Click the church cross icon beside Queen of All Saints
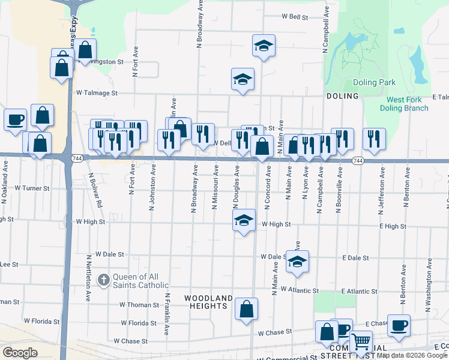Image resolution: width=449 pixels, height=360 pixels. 104,280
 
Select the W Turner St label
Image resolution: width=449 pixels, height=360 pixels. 32,188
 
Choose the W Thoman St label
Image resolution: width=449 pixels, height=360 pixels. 139,305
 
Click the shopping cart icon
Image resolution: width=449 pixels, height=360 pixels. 361,342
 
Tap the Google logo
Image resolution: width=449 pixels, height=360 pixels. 20,353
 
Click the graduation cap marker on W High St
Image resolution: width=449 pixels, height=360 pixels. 244,221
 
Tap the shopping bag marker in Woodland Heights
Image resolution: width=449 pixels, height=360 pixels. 246,310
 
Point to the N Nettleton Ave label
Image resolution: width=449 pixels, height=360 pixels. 88,278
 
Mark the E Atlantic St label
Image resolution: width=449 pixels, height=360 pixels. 359,291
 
